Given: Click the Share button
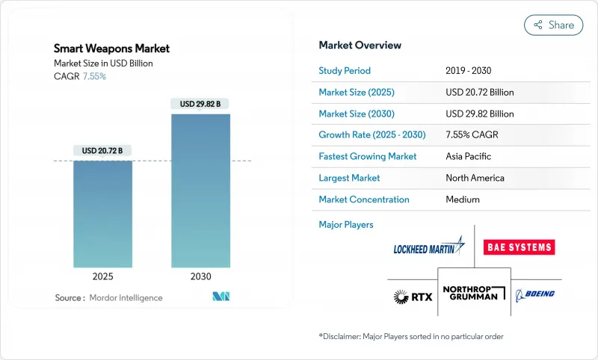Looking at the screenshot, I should point(553,25).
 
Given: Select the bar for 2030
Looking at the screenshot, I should point(200,190).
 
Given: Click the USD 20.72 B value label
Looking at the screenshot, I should point(103,151).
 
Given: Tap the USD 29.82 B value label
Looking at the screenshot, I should point(200,104).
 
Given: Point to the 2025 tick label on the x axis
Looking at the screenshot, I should point(103,276).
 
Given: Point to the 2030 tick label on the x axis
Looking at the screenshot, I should point(200,276).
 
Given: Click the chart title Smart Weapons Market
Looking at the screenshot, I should point(111,49).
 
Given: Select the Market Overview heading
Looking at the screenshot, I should point(360,46).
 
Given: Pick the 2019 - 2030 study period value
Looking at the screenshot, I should point(469,71).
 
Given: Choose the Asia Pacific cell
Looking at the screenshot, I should point(468,157).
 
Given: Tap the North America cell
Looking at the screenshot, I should point(474,178).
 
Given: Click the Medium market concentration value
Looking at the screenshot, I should point(463,199).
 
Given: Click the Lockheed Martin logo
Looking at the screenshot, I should point(428,247).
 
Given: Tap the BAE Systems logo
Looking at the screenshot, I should point(520,247).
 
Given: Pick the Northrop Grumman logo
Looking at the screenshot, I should point(474,294).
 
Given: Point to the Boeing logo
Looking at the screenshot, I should point(534,294).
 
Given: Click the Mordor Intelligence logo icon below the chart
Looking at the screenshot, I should point(221,297).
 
